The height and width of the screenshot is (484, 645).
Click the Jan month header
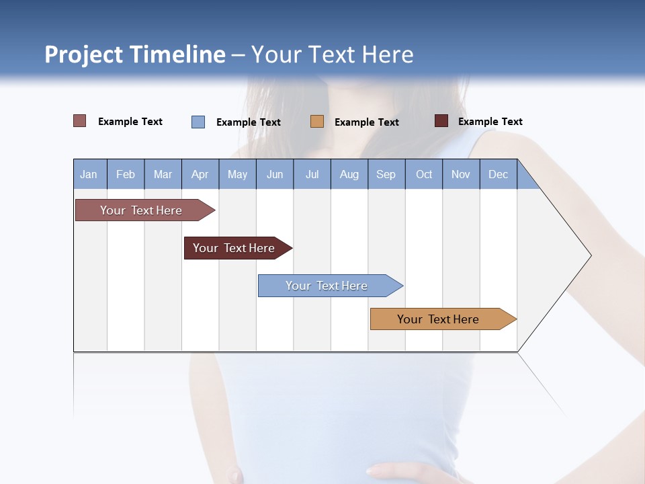pos(89,174)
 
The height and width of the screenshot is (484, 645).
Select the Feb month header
pos(126,174)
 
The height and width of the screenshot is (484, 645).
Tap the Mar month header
pos(163,174)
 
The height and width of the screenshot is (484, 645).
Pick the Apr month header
pos(200,174)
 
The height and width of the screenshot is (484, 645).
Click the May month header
pos(237,174)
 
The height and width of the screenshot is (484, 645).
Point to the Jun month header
pos(275,174)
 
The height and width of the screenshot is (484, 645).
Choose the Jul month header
pos(312,174)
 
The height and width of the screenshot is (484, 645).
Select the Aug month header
pos(349,174)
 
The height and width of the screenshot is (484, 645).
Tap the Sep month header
pos(386,174)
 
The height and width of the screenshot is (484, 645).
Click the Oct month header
pos(424,174)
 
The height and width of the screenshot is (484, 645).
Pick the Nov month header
pos(461,174)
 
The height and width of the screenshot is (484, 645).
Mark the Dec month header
pos(499,174)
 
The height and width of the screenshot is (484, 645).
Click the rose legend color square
pos(80,121)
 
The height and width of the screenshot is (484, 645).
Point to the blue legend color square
pos(198,122)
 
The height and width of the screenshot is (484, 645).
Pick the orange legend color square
pos(317,122)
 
